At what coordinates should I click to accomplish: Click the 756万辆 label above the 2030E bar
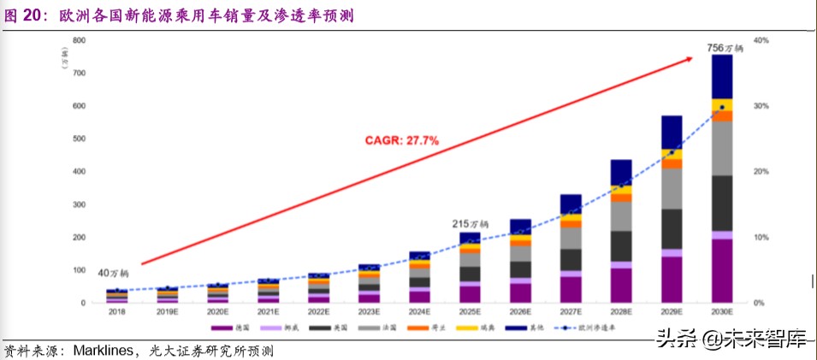click(x=724, y=48)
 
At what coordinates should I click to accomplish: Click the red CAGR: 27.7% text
click(x=404, y=139)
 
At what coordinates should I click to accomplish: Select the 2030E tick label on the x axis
click(x=723, y=313)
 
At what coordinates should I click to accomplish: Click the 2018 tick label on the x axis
click(x=117, y=313)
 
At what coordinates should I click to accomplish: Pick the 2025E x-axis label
click(x=470, y=313)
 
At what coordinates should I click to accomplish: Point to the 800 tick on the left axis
click(x=79, y=40)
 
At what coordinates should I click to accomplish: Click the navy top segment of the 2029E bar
click(x=672, y=133)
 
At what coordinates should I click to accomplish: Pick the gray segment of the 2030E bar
click(x=723, y=149)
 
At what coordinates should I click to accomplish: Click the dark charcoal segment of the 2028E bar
click(x=621, y=245)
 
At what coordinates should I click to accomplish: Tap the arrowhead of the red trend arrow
click(x=689, y=58)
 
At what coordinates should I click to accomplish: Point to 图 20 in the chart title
click(x=27, y=15)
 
